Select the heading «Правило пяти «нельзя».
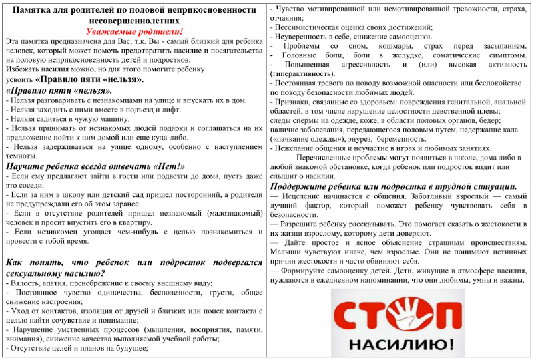(x=59, y=90)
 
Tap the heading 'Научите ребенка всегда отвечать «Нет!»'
(x=95, y=166)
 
